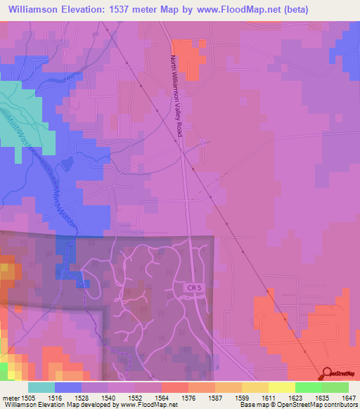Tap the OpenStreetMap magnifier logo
coord(328,374)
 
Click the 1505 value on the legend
coord(28,397)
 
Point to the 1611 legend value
coord(269,397)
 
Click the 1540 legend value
coord(108,397)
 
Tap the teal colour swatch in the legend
coord(41,387)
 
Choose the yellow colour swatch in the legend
coord(282,387)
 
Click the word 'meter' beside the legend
coord(10,397)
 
